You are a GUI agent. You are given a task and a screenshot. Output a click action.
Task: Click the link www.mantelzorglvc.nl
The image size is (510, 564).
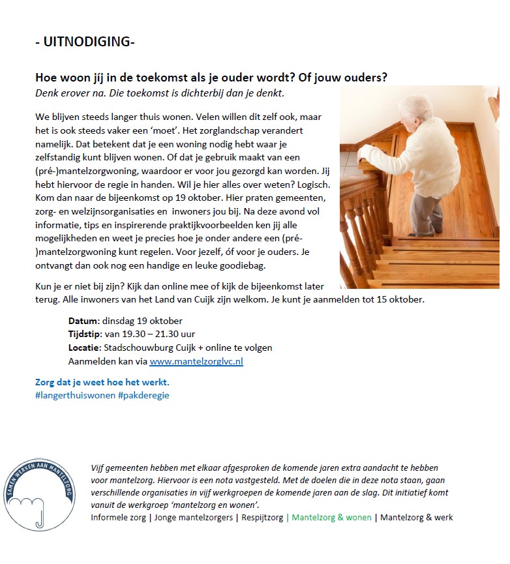pos(196,361)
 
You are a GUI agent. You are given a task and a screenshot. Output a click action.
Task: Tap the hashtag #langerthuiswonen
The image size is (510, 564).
pos(75,395)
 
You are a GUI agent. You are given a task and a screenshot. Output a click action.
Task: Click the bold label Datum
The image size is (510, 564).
pos(83,321)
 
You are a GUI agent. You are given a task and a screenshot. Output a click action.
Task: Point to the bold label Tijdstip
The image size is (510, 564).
pos(85,334)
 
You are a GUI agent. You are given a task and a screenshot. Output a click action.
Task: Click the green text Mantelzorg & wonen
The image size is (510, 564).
pos(331,517)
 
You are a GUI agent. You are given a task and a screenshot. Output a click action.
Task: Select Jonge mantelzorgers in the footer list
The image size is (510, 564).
pos(194,517)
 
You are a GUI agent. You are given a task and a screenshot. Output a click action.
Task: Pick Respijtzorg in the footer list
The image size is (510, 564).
pos(262,517)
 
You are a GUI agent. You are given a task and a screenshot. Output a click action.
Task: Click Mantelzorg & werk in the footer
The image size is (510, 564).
pos(416,517)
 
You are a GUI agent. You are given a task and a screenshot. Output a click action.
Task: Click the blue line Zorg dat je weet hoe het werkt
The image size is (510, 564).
pos(102,382)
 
